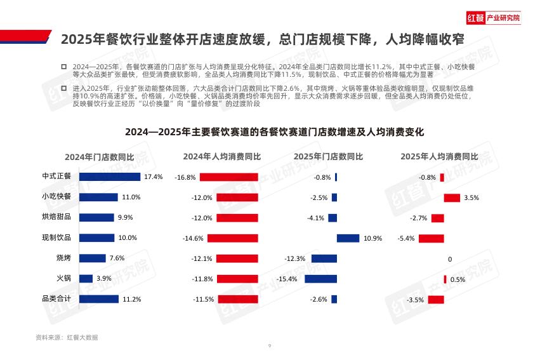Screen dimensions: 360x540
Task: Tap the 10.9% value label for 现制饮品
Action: [372, 238]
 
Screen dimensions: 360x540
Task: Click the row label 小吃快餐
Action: [56, 197]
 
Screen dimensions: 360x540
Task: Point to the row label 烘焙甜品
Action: [56, 217]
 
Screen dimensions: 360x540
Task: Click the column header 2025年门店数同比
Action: [328, 156]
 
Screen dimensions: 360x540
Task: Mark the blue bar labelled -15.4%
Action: [320, 279]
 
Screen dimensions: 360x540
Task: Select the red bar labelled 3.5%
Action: [452, 197]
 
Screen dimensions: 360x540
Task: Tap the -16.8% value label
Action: [185, 177]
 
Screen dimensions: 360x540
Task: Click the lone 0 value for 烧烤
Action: [450, 259]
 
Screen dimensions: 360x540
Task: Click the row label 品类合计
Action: [56, 298]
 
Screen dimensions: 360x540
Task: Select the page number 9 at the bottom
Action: [270, 346]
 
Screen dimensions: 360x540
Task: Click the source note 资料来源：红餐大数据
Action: [67, 337]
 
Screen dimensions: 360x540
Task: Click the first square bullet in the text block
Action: [63, 67]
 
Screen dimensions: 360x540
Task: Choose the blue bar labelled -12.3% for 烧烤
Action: [324, 258]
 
